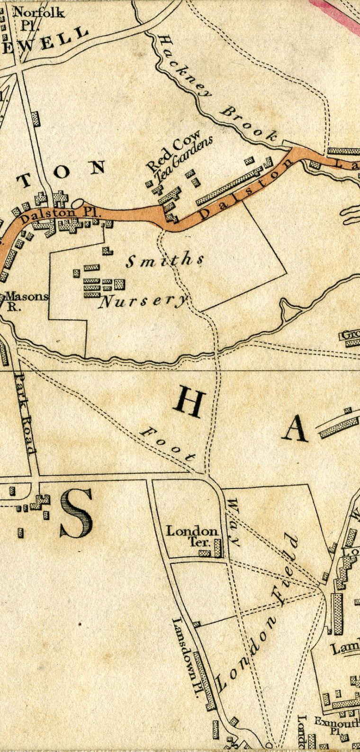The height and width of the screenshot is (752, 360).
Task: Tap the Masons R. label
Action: (26, 301)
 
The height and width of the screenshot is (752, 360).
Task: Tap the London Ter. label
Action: (192, 535)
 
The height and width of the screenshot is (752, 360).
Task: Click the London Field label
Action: (258, 611)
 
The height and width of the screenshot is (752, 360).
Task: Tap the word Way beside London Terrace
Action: (234, 521)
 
